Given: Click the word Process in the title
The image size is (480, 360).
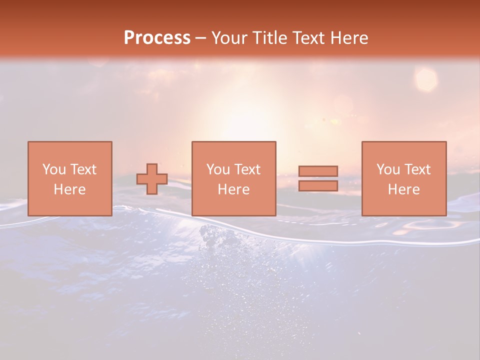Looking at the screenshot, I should coord(157,38).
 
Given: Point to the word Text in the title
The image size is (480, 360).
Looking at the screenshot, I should coord(307,38).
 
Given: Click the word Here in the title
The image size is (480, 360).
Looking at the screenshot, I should coord(348,38).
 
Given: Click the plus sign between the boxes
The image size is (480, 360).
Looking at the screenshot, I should coord(152,179).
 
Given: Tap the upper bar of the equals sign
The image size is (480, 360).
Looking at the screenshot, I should coord(318,171).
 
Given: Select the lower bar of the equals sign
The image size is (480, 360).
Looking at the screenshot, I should coord(318,186).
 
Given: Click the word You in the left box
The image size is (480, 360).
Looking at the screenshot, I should coord(54,169).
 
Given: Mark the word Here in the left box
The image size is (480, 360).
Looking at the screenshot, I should coord(69,189).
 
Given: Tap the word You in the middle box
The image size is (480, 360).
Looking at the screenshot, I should coord(218,169).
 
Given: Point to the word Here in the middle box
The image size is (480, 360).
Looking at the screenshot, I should coord(233,189).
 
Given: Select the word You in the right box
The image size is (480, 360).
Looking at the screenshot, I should coord(388,169).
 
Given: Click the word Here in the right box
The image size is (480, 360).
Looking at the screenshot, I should coord(403,189).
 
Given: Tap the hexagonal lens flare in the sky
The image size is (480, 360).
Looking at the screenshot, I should coord(426,79).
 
